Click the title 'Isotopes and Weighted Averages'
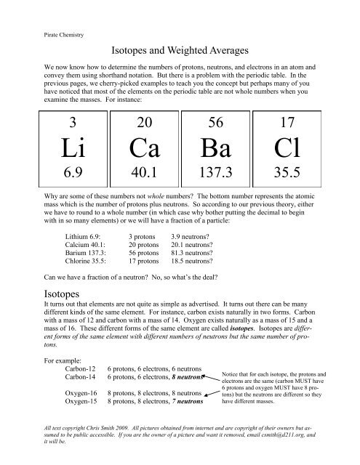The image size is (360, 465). (180, 52)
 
